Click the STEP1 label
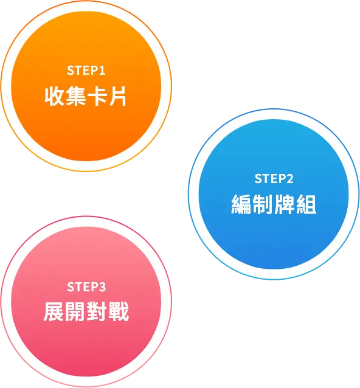click(86, 71)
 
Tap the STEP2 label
click(274, 179)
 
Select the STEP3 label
click(86, 287)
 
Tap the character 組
click(306, 204)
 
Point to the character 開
click(75, 312)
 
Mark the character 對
click(97, 312)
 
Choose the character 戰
click(119, 312)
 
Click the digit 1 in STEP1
click(102, 71)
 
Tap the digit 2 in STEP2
click(290, 179)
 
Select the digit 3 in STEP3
click(102, 287)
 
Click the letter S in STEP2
click(258, 179)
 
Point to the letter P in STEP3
click(94, 287)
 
